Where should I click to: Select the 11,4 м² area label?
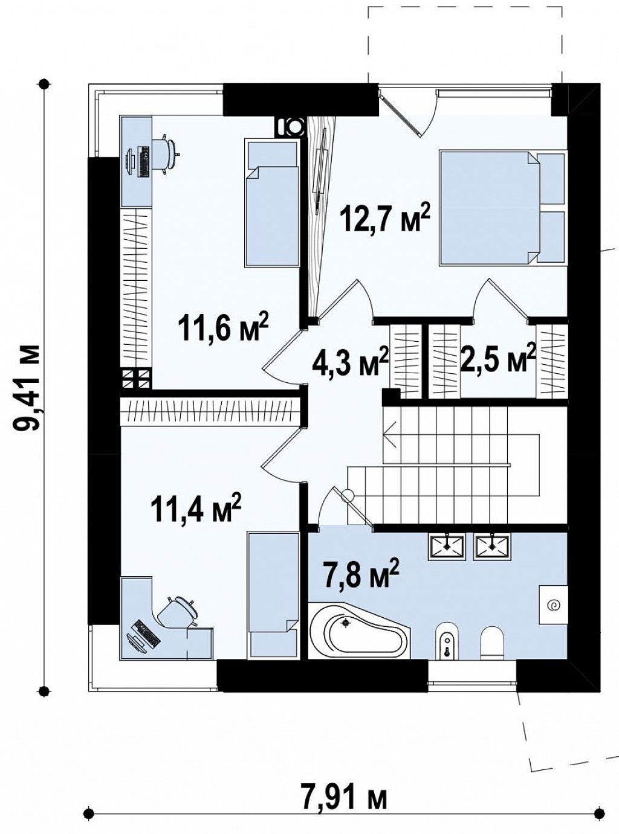pyautogui.click(x=196, y=507)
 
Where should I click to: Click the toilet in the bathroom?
pyautogui.click(x=493, y=642)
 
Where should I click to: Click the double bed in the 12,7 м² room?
pyautogui.click(x=504, y=208)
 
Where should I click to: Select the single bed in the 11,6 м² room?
pyautogui.click(x=272, y=203)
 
